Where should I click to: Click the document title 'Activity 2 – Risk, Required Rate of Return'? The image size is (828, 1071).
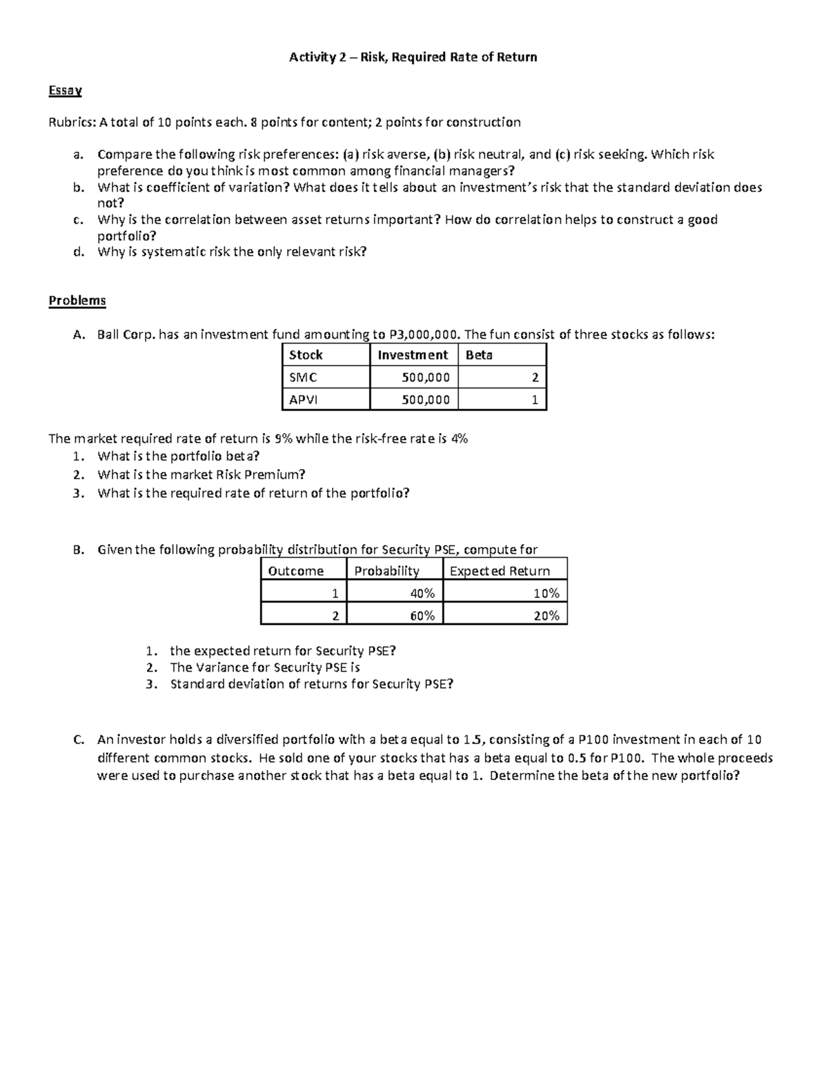(413, 57)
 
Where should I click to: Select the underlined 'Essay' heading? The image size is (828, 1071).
(65, 90)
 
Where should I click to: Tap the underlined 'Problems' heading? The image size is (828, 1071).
(77, 301)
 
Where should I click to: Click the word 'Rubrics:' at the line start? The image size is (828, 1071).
(72, 123)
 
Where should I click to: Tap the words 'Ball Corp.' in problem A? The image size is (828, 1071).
(127, 335)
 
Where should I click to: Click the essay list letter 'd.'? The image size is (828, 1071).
(78, 252)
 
